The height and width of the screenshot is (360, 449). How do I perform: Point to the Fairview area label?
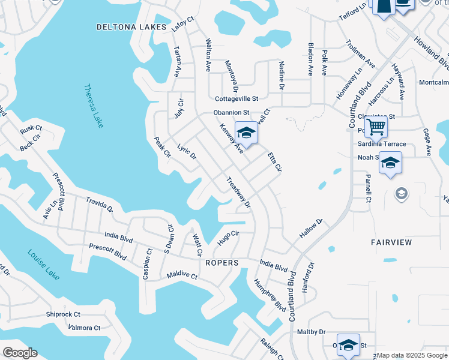(391, 242)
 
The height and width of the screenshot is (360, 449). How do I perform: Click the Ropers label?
(222, 263)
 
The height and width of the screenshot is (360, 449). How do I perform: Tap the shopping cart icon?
(376, 127)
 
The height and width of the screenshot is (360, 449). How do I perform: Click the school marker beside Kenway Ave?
(246, 133)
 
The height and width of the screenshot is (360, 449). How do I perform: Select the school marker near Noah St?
(390, 163)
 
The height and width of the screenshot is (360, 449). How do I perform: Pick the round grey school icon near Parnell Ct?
(401, 193)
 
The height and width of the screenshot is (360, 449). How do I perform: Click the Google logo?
(20, 353)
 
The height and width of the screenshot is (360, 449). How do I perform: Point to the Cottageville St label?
(237, 98)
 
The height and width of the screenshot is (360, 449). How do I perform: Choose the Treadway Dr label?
(238, 193)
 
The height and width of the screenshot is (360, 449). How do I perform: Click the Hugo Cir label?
(228, 238)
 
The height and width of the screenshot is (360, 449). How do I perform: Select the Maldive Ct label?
(182, 275)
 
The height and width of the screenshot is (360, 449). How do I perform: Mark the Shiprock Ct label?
(63, 314)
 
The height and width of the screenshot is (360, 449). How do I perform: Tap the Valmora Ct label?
(85, 328)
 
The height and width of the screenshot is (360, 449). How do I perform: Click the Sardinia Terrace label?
(382, 144)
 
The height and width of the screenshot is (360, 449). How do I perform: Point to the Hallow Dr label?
(311, 227)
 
